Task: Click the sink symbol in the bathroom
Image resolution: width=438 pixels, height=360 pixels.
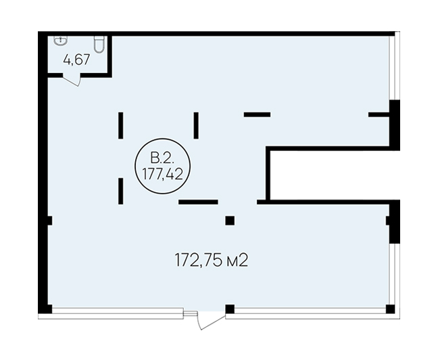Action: (60, 41)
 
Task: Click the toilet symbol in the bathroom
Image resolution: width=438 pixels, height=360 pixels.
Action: (99, 44)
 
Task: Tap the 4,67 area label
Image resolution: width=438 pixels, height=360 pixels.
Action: (76, 60)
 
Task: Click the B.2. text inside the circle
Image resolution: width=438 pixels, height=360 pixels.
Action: (162, 158)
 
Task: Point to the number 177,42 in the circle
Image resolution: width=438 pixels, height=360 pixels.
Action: (163, 175)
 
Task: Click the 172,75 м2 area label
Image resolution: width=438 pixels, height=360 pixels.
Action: (212, 261)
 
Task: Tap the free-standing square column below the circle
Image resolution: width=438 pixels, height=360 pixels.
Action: (230, 221)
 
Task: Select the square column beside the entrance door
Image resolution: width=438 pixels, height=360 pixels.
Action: (230, 309)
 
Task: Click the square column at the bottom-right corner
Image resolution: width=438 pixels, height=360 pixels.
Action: (390, 309)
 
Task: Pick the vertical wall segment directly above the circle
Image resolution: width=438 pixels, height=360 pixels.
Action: (197, 125)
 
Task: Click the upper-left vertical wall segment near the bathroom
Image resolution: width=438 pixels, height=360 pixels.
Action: (121, 125)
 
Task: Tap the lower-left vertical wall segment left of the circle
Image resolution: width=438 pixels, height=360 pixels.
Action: (121, 191)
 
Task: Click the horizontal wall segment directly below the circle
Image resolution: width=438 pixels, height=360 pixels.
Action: (198, 202)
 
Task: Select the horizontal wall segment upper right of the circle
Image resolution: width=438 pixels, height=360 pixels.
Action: (258, 114)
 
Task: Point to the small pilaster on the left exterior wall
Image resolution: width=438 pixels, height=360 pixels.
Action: (50, 221)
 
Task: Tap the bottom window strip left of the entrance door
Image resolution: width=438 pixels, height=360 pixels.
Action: (118, 311)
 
